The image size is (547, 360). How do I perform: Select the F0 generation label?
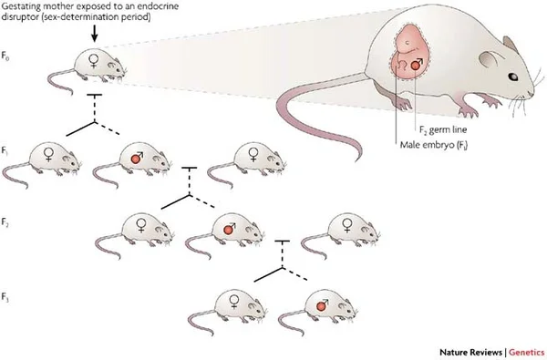[x=8, y=67]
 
